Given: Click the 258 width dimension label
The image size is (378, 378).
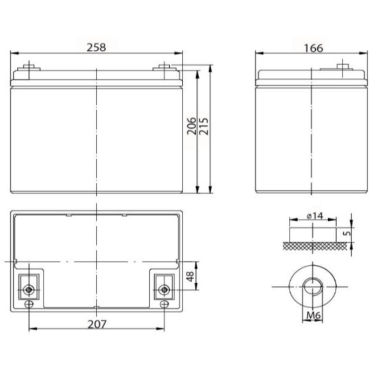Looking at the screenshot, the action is (x=96, y=47).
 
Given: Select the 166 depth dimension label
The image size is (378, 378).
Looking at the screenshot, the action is (x=313, y=48).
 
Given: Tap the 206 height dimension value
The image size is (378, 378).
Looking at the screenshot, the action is (x=192, y=126).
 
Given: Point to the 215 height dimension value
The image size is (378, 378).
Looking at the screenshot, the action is (x=203, y=126).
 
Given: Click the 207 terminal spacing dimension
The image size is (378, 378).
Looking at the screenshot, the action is (x=97, y=324).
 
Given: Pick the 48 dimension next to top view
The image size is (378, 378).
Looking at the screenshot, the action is (x=190, y=276).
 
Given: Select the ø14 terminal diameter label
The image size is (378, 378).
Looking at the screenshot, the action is (x=315, y=216).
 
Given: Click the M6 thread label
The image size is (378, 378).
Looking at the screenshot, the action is (x=313, y=315).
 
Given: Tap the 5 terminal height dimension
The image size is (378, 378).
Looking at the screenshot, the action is (x=347, y=233).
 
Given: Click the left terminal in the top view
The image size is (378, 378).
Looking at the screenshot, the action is (x=29, y=289).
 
